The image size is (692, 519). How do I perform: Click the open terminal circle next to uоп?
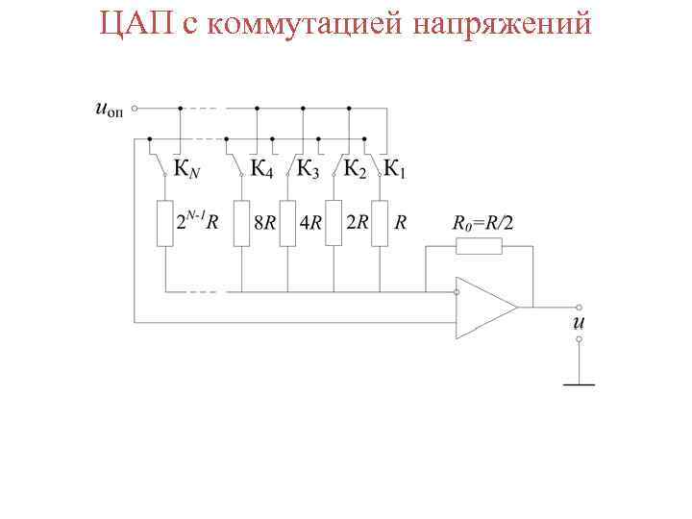(135, 109)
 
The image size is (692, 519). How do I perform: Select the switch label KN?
(187, 171)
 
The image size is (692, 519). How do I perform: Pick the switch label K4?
(262, 170)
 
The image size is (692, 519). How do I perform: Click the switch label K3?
(308, 170)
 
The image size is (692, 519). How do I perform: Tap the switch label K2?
(355, 170)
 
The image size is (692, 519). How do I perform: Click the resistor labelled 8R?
(241, 223)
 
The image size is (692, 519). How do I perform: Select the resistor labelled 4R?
(287, 223)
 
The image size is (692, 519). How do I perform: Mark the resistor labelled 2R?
(334, 223)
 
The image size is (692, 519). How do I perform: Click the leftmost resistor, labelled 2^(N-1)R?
(165, 223)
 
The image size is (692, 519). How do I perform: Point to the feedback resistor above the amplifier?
(479, 246)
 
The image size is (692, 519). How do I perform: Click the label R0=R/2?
(482, 223)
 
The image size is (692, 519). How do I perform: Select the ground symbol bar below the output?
(579, 384)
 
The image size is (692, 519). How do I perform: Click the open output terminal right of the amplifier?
(579, 308)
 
